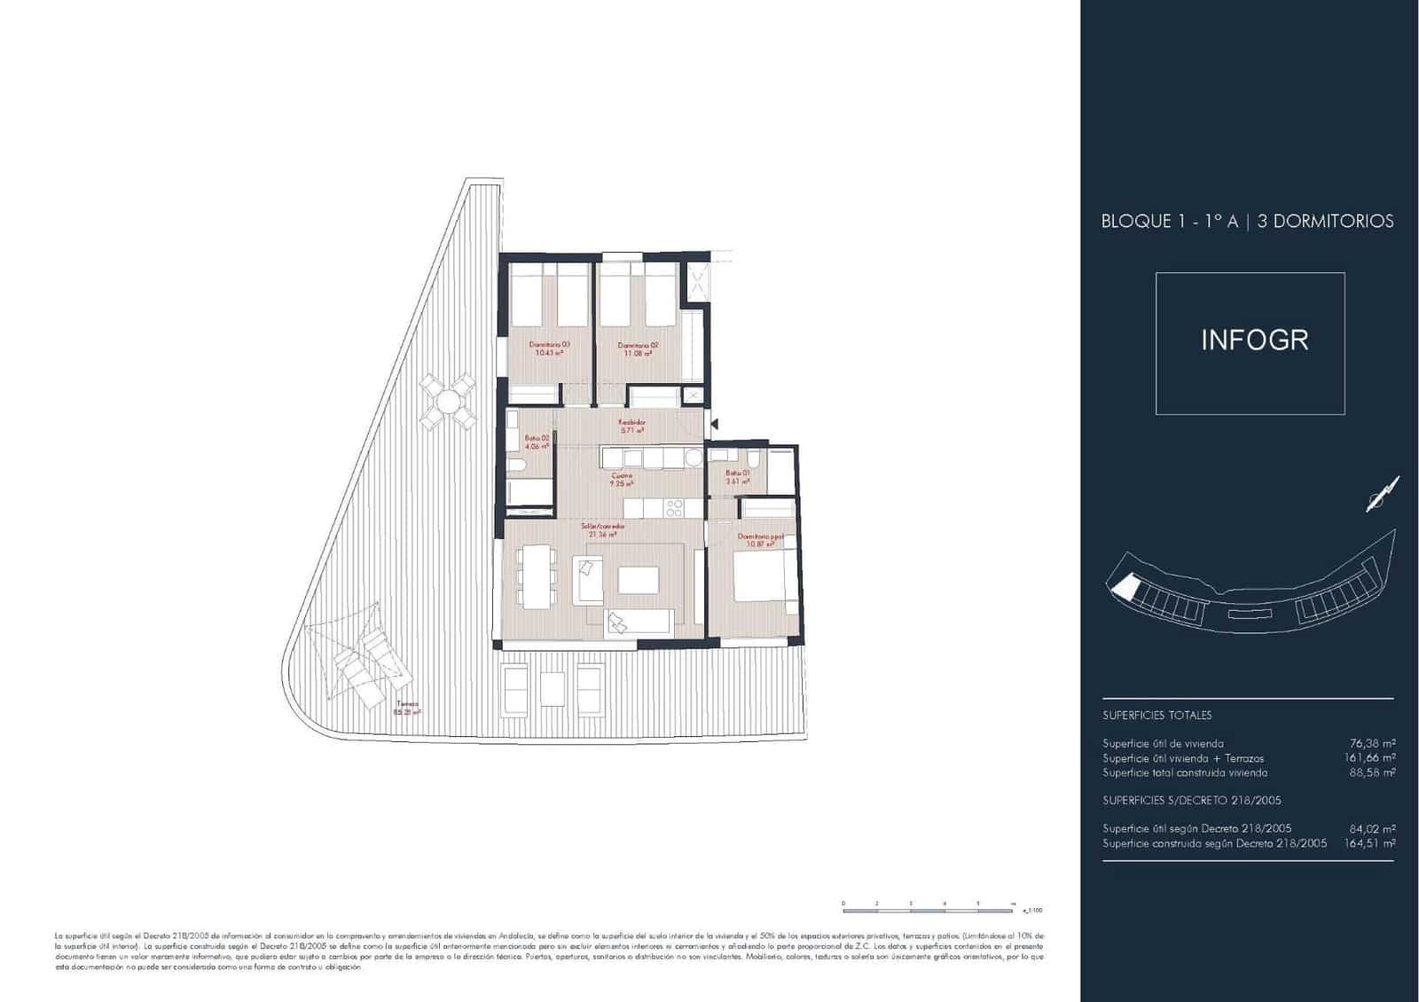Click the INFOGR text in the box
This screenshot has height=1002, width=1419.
pyautogui.click(x=1254, y=341)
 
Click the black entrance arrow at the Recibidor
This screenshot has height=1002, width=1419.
pyautogui.click(x=715, y=426)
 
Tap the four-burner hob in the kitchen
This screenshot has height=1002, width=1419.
pyautogui.click(x=674, y=508)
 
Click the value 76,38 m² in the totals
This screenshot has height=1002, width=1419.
pyautogui.click(x=1372, y=744)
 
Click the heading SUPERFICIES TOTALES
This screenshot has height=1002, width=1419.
pyautogui.click(x=1156, y=715)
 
